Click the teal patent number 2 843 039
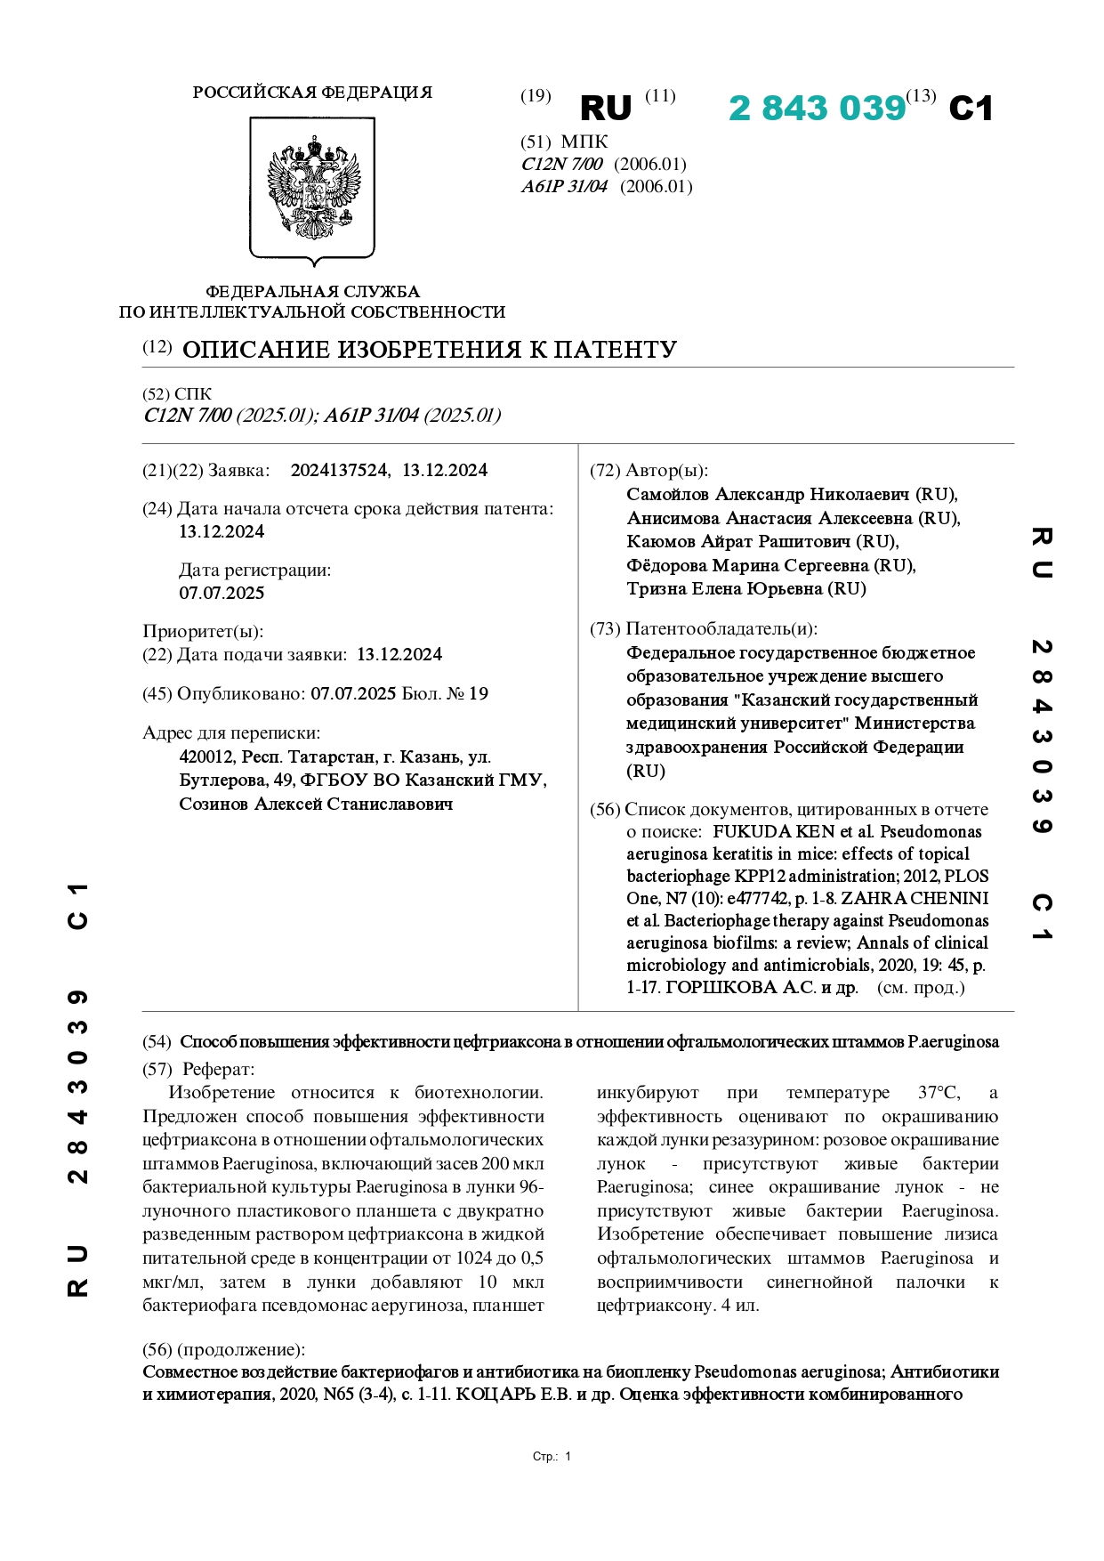coord(816,109)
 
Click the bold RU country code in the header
coord(605,109)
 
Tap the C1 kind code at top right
coord(971,109)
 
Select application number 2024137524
coord(339,471)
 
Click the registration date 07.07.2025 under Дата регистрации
coord(222,594)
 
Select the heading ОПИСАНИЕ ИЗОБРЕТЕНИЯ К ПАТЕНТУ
coord(429,350)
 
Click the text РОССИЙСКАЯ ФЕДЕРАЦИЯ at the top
coord(312,93)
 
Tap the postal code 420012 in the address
coord(205,757)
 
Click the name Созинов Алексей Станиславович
coord(316,805)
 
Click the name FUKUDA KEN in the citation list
coord(763,832)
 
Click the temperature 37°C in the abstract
coord(939,1093)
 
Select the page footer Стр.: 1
coord(552,1457)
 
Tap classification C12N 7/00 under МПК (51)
coord(561,165)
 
